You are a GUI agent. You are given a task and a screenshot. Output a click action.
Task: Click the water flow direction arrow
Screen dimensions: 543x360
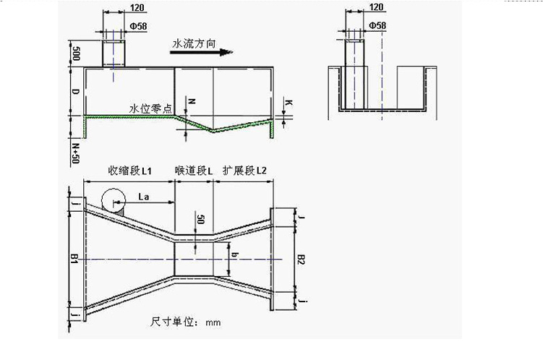pyautogui.click(x=201, y=52)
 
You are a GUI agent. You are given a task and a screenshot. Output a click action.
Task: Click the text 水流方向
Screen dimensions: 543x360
pyautogui.click(x=194, y=44)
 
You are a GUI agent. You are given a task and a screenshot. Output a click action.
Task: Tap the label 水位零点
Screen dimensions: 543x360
pyautogui.click(x=150, y=109)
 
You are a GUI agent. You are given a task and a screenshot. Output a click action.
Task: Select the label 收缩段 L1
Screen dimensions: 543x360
pyautogui.click(x=130, y=171)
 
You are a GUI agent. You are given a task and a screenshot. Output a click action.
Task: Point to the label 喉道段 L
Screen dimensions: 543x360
pyautogui.click(x=194, y=171)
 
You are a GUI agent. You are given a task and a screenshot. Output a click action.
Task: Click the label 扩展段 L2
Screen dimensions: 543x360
pyautogui.click(x=244, y=171)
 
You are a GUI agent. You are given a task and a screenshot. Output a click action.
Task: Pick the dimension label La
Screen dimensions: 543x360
pyautogui.click(x=144, y=197)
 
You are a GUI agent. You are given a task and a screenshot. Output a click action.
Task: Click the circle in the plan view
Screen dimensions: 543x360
pyautogui.click(x=114, y=200)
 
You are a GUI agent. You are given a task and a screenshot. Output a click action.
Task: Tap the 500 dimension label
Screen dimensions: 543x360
pyautogui.click(x=75, y=53)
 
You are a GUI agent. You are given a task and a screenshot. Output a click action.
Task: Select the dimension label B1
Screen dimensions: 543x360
pyautogui.click(x=74, y=258)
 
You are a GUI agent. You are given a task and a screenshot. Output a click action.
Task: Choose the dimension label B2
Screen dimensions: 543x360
pyautogui.click(x=302, y=260)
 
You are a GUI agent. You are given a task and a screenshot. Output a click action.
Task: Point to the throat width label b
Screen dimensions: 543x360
pyautogui.click(x=235, y=255)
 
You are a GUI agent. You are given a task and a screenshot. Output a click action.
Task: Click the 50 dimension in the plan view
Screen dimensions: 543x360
pyautogui.click(x=200, y=219)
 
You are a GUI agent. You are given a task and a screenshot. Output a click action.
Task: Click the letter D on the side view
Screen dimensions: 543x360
pyautogui.click(x=75, y=92)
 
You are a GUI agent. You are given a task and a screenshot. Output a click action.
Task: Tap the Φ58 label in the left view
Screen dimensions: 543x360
pyautogui.click(x=139, y=26)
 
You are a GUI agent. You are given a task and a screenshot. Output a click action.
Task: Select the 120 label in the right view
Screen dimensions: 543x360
pyautogui.click(x=377, y=7)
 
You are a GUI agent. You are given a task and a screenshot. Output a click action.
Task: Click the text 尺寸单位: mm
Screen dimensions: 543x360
pyautogui.click(x=186, y=322)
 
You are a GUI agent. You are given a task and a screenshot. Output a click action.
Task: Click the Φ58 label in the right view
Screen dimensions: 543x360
pyautogui.click(x=377, y=25)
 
